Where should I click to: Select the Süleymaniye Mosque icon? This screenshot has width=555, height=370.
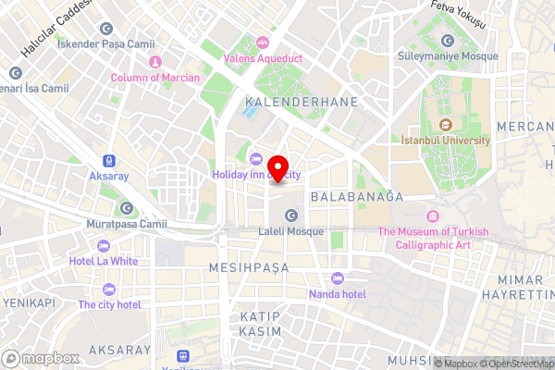[448, 40]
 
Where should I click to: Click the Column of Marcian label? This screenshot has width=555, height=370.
[154, 78]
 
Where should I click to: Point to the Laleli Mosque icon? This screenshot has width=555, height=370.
[291, 216]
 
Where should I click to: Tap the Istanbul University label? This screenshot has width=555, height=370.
[446, 140]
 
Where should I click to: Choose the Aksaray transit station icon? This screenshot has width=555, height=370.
[110, 159]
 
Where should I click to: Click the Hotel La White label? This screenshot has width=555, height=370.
[103, 261]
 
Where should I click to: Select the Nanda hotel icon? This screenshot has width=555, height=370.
[337, 278]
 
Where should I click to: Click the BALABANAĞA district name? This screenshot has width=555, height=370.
[358, 197]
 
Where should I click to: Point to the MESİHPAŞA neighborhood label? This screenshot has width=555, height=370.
[250, 266]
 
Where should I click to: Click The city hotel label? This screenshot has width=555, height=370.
[109, 304]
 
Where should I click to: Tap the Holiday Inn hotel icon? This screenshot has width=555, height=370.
[256, 158]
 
